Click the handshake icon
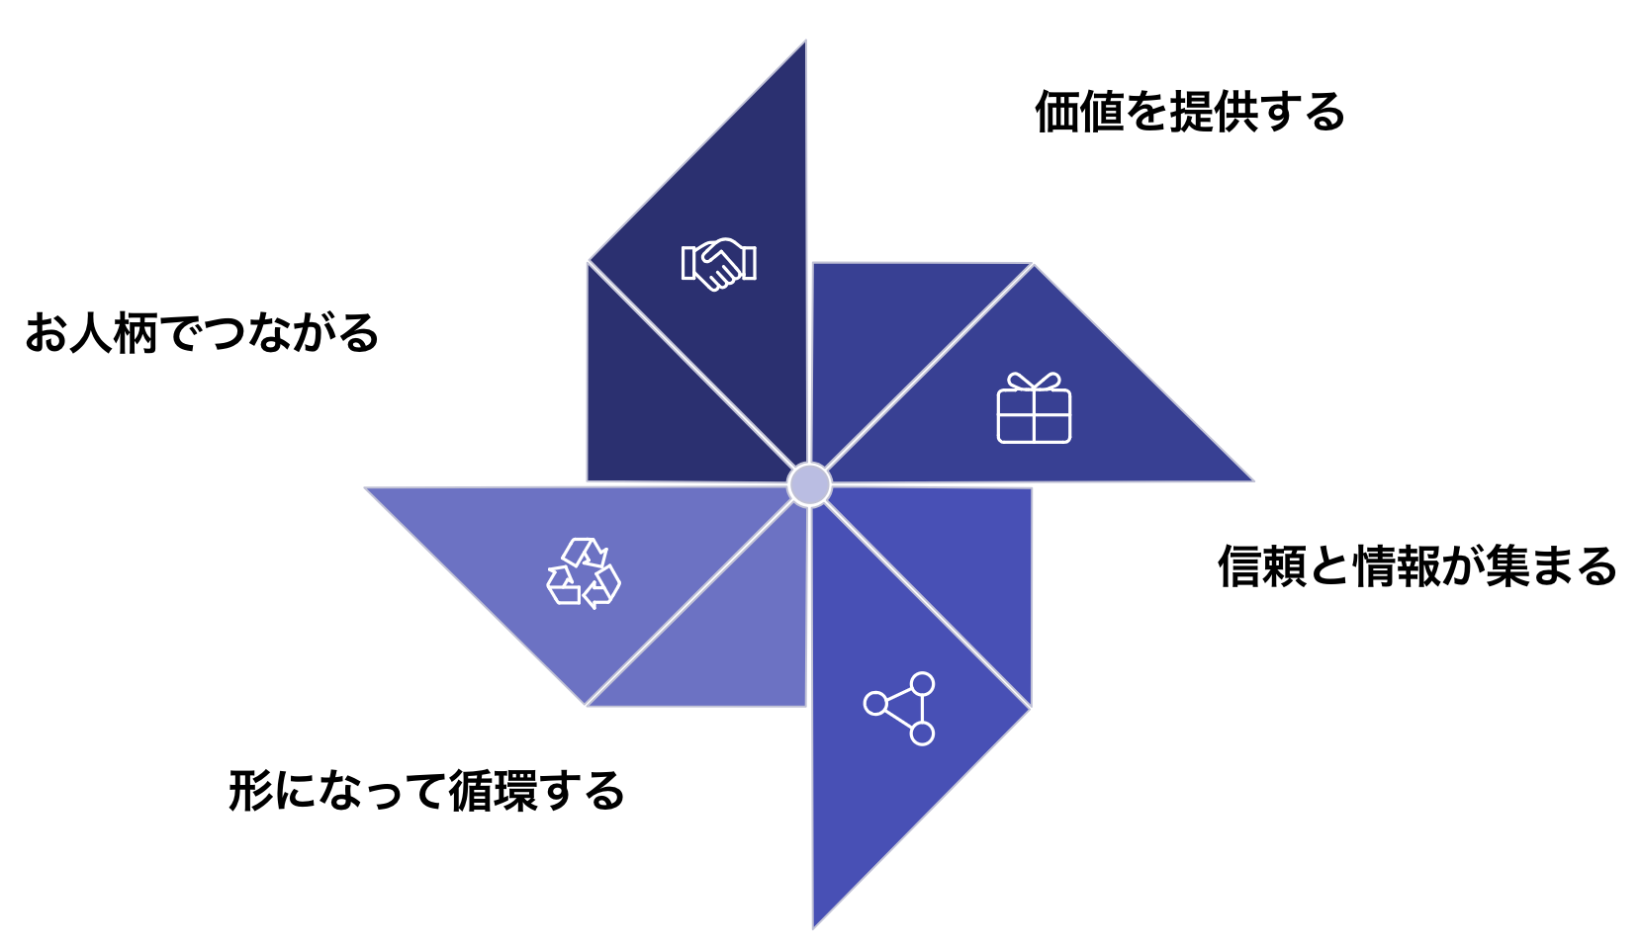[718, 264]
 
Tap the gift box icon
[1034, 407]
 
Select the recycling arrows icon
[584, 573]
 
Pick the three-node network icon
[899, 709]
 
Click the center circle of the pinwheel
[809, 484]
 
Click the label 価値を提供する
[1190, 112]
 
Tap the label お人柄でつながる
[202, 333]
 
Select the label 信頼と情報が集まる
[1416, 566]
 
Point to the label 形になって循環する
[426, 791]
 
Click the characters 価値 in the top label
[1079, 112]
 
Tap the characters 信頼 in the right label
[1261, 566]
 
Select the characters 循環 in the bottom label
[493, 791]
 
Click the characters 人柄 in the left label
[114, 333]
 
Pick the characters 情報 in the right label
[1396, 566]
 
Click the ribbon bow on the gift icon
[1034, 381]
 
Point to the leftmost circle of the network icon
[875, 703]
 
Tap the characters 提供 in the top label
[1213, 112]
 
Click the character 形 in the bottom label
[250, 791]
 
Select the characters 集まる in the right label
[1551, 566]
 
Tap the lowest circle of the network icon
[922, 734]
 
